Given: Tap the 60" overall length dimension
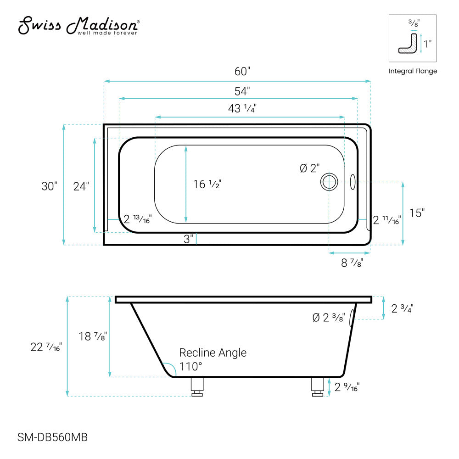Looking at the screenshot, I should (242, 72).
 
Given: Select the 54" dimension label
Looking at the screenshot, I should (242, 91).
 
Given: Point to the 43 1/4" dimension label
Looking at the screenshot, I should (242, 109).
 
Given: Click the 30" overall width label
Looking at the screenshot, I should (49, 186).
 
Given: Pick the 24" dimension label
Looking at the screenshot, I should (81, 186).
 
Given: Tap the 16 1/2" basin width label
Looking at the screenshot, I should (207, 184).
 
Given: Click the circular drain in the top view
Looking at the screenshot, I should (329, 182).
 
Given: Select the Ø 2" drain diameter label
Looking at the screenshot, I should (309, 168).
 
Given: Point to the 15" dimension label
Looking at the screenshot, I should (417, 213).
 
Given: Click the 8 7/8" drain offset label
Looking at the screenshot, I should (352, 263).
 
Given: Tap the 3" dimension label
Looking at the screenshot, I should (187, 239).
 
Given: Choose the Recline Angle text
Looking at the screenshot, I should (213, 353).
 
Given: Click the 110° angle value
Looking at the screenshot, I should (190, 366).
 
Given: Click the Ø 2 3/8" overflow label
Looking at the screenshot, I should (328, 317).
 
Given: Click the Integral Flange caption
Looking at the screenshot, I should (413, 71).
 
